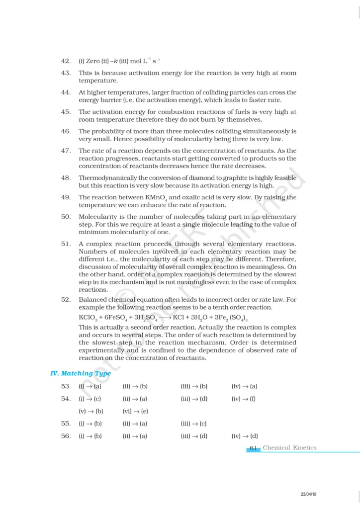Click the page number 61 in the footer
[253, 448]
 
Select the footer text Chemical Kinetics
[289, 448]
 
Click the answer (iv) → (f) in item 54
[243, 399]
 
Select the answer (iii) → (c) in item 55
[193, 424]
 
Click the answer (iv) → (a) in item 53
[244, 386]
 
